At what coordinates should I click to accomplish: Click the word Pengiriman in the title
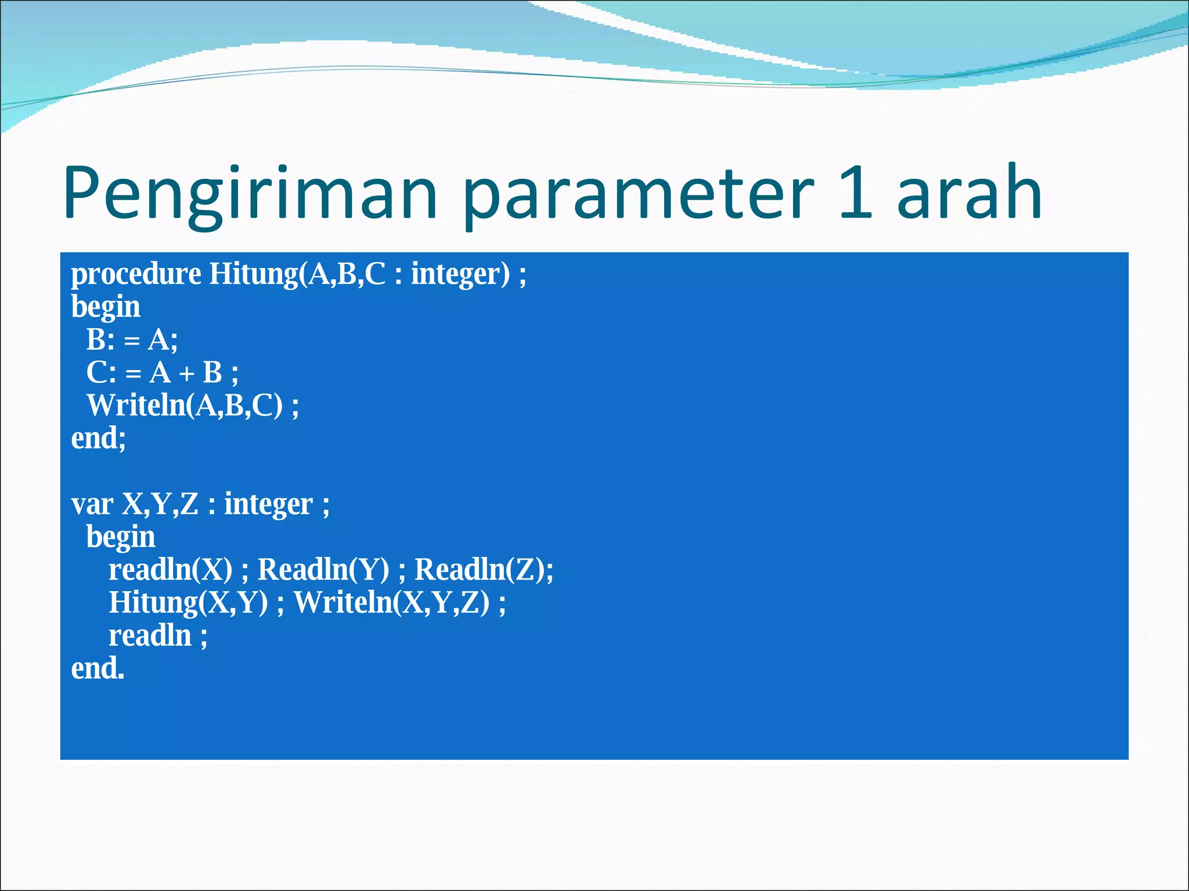(250, 194)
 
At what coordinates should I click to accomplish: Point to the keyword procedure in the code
(136, 274)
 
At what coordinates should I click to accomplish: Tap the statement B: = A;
(132, 340)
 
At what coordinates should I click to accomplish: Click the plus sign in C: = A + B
(186, 374)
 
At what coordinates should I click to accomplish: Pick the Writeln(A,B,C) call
(185, 405)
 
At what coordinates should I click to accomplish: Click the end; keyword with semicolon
(98, 438)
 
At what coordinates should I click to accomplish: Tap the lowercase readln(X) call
(171, 570)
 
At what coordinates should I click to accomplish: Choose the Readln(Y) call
(323, 570)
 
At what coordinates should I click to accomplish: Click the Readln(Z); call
(484, 570)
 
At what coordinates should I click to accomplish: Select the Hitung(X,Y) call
(189, 603)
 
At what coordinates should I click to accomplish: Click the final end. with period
(98, 669)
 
